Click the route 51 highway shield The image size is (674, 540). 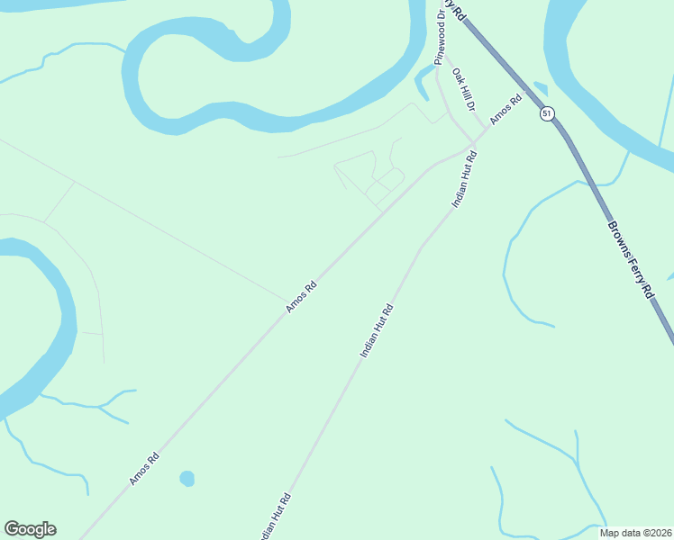click(547, 113)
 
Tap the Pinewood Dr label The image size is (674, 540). click(440, 41)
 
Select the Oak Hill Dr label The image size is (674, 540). click(463, 89)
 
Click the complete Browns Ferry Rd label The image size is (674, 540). click(630, 261)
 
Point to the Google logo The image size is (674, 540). click(30, 529)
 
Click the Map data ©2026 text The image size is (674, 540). click(636, 533)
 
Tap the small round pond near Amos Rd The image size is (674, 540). click(187, 478)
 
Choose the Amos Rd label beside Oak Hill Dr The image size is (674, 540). click(505, 110)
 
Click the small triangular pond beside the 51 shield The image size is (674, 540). click(541, 88)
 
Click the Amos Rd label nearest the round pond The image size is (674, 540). click(144, 468)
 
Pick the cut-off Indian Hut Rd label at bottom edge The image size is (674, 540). click(274, 517)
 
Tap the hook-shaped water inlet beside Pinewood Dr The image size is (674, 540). click(421, 84)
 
